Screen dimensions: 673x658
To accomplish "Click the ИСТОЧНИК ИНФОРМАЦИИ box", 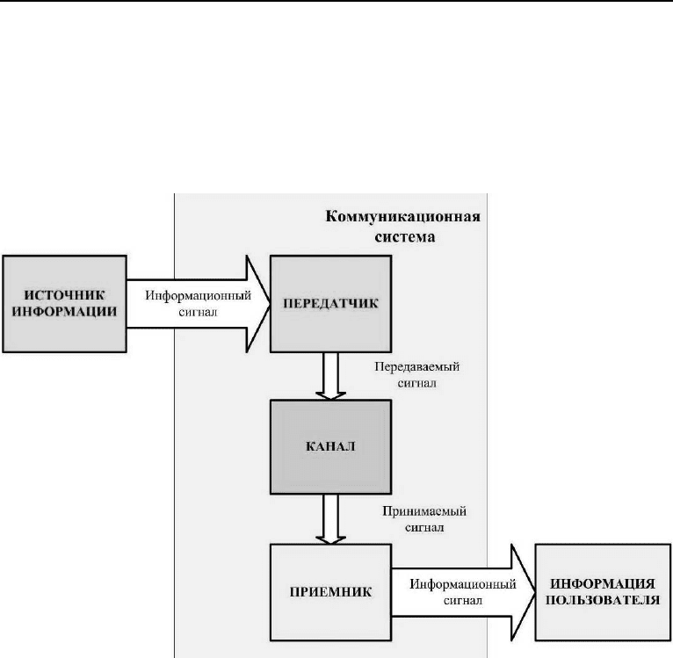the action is [x=64, y=304].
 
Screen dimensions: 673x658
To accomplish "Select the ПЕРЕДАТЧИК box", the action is [x=330, y=304].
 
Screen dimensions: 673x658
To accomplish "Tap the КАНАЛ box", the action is [x=330, y=447].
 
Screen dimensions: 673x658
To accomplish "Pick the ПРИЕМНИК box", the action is [x=330, y=592].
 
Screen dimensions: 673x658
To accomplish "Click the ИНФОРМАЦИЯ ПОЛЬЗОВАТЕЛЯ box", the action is [x=603, y=592].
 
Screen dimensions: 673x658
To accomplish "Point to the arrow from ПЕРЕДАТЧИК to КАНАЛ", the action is [x=330, y=376].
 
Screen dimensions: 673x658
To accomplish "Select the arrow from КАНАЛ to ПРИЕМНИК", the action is [x=330, y=519].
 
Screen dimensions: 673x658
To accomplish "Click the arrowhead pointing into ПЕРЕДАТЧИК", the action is [x=258, y=304].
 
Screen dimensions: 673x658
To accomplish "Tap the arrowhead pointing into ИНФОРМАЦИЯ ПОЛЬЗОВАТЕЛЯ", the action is [x=524, y=592].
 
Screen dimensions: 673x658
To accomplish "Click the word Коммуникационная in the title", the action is [x=402, y=216].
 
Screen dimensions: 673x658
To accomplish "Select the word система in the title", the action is [x=405, y=237].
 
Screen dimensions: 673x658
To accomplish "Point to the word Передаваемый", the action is [x=416, y=367].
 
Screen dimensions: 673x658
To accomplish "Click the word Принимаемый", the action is [x=424, y=511].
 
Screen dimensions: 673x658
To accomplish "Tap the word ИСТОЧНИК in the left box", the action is [x=64, y=295].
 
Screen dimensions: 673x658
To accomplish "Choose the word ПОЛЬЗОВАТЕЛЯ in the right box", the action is [x=603, y=600].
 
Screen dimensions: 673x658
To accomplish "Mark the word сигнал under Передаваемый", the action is [x=416, y=383].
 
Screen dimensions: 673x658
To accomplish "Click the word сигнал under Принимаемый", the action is [x=424, y=527].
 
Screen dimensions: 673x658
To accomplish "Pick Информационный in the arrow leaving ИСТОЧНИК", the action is [x=198, y=296].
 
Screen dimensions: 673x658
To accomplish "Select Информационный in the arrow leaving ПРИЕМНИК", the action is [x=463, y=584].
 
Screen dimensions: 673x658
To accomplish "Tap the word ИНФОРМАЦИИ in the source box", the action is [x=64, y=312].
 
